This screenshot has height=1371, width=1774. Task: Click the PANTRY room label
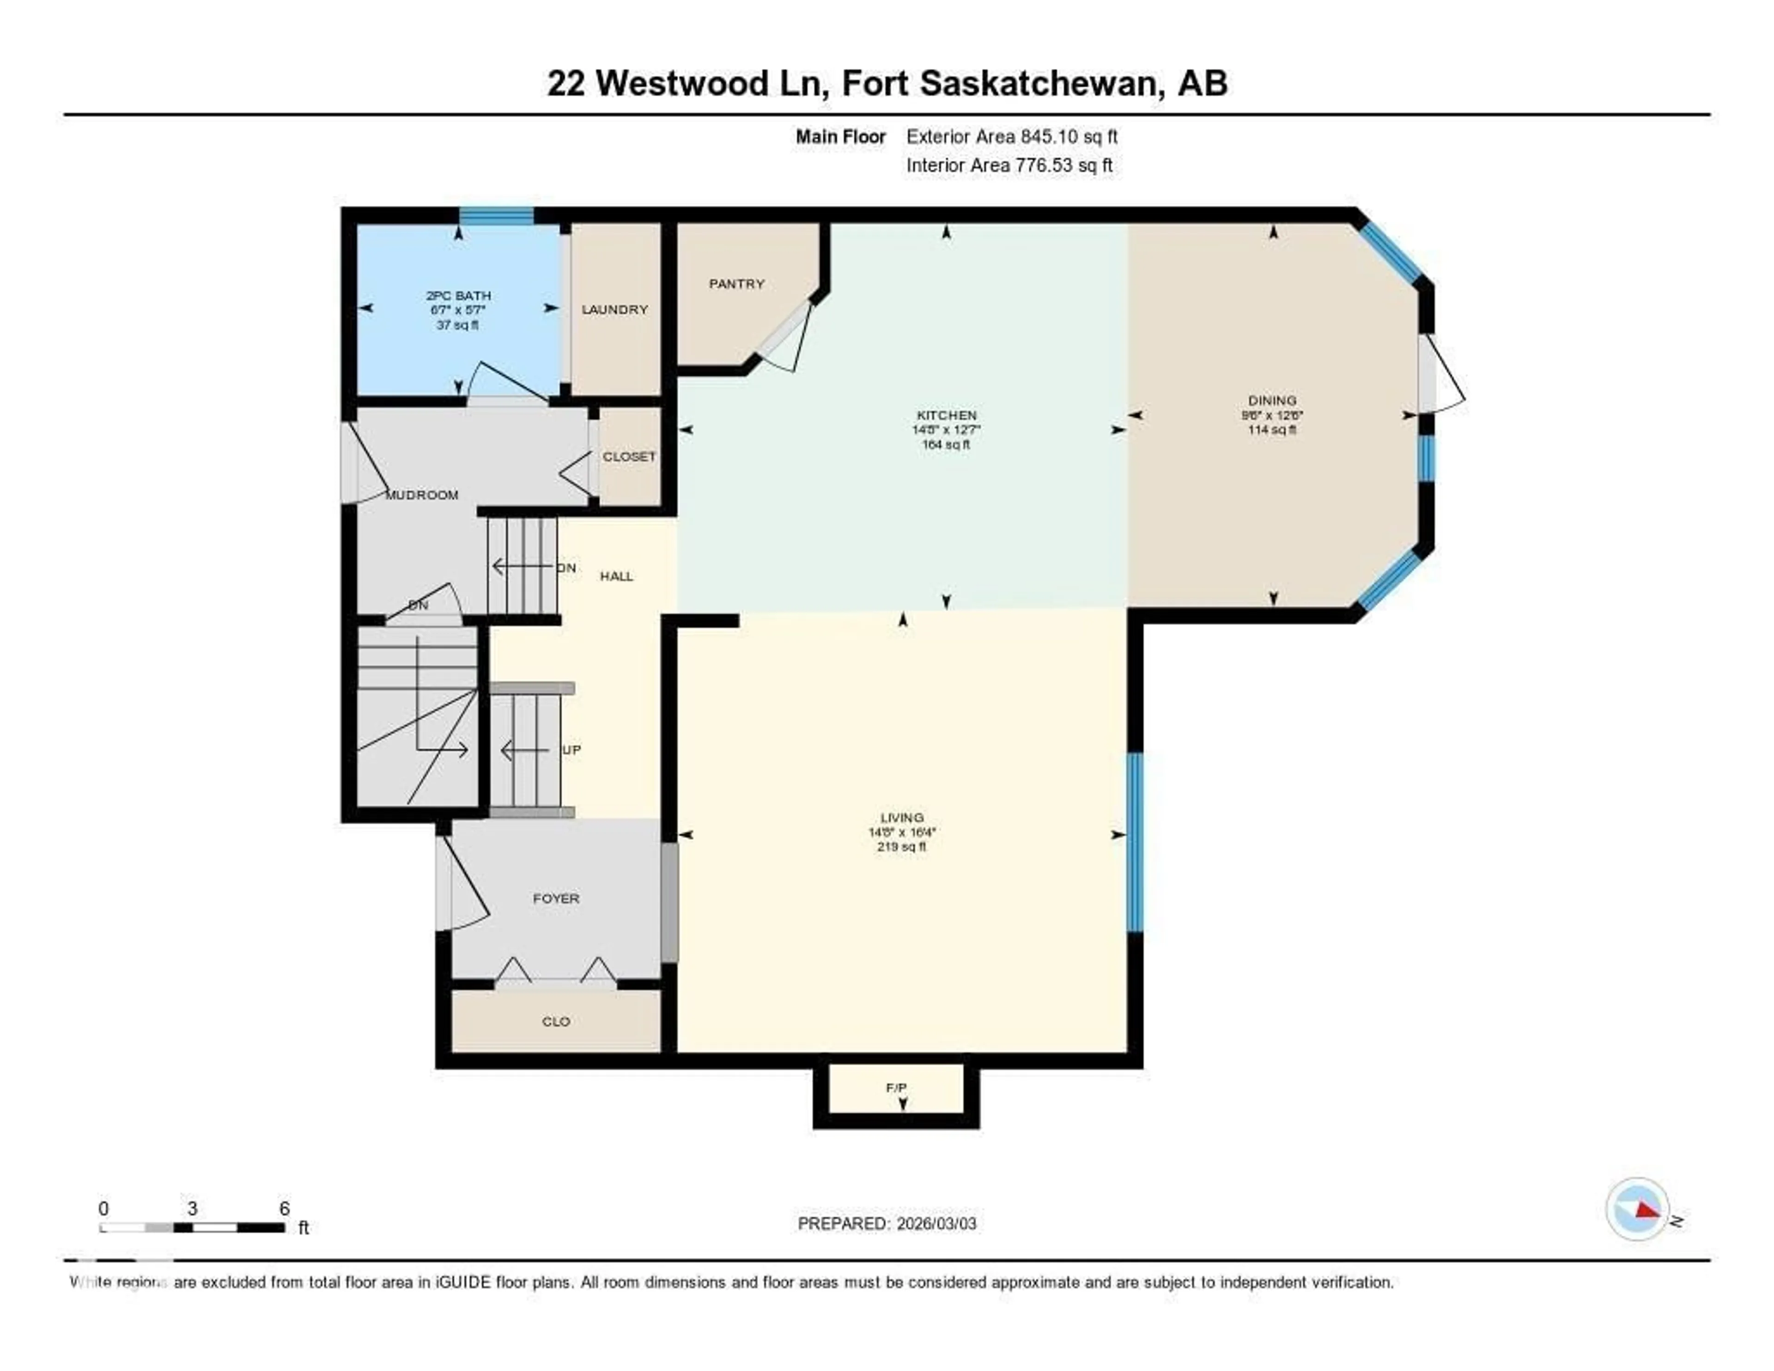(x=736, y=284)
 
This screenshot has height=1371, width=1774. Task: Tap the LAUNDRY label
(x=614, y=310)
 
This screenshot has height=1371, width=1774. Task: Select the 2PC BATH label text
(x=458, y=296)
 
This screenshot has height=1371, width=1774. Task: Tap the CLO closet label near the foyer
(x=556, y=1022)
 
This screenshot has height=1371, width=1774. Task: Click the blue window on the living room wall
(x=1135, y=842)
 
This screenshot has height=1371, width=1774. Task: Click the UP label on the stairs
(x=571, y=749)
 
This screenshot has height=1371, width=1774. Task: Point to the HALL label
(x=616, y=576)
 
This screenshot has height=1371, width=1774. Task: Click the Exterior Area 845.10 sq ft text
(x=1011, y=136)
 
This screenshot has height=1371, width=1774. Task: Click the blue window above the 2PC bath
(x=496, y=215)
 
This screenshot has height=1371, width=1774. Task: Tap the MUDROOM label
(x=422, y=495)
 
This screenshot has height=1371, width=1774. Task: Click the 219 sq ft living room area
(x=901, y=847)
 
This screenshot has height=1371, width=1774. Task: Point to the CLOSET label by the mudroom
(x=629, y=457)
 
